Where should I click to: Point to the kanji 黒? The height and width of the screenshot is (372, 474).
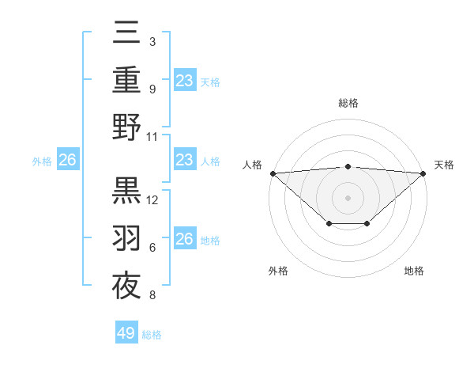(127, 191)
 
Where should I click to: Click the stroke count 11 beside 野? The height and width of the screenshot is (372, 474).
(152, 135)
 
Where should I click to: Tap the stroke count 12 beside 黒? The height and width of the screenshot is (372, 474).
(153, 200)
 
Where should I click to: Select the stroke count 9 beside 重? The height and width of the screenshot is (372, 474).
(152, 89)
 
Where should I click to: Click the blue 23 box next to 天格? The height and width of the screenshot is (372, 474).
(185, 80)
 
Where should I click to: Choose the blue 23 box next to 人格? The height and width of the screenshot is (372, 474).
(185, 161)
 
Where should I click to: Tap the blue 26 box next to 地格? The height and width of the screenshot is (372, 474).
(185, 239)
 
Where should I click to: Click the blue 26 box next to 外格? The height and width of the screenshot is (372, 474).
(67, 161)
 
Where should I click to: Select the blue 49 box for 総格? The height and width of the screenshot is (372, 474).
(126, 333)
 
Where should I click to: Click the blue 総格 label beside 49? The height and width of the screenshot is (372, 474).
(152, 335)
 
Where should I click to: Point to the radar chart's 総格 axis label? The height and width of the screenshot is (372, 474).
(348, 103)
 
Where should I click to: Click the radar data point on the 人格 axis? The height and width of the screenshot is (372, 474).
(273, 173)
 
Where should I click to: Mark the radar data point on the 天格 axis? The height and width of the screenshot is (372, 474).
(423, 173)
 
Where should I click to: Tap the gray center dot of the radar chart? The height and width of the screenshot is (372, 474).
(348, 197)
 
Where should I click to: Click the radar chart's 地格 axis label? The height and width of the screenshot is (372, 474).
(414, 271)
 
